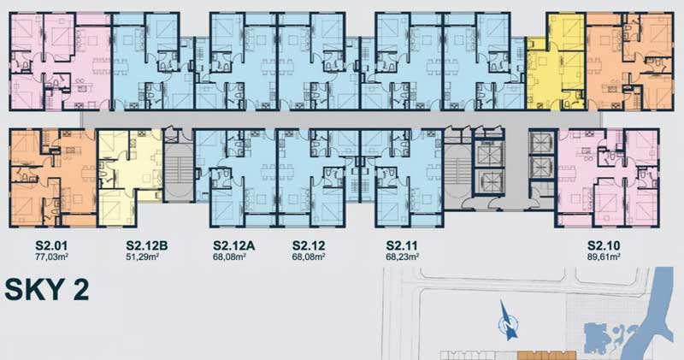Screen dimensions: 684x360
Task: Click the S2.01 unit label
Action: pos(51,245)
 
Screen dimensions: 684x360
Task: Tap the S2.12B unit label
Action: pos(146,245)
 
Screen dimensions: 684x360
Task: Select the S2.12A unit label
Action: pos(233,245)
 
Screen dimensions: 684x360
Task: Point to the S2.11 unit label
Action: pos(402,245)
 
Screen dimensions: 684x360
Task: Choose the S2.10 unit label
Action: pos(604,245)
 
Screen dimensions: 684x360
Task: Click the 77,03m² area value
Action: pos(51,257)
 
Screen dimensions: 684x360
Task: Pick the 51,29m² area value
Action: pos(142,257)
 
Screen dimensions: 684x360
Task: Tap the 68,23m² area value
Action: pos(402,257)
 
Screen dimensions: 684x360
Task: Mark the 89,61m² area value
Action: pos(604,257)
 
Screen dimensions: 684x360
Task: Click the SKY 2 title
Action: pos(47,289)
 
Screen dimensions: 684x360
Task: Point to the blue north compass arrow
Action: pos(508,321)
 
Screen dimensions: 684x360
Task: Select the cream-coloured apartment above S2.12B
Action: pos(131,177)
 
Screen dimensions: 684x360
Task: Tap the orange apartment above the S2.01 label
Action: pos(53,178)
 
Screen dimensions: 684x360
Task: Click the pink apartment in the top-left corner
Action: pos(61,61)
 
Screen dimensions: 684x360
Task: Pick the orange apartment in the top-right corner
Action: pos(629,61)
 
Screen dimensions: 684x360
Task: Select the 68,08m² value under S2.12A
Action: pos(229,257)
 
